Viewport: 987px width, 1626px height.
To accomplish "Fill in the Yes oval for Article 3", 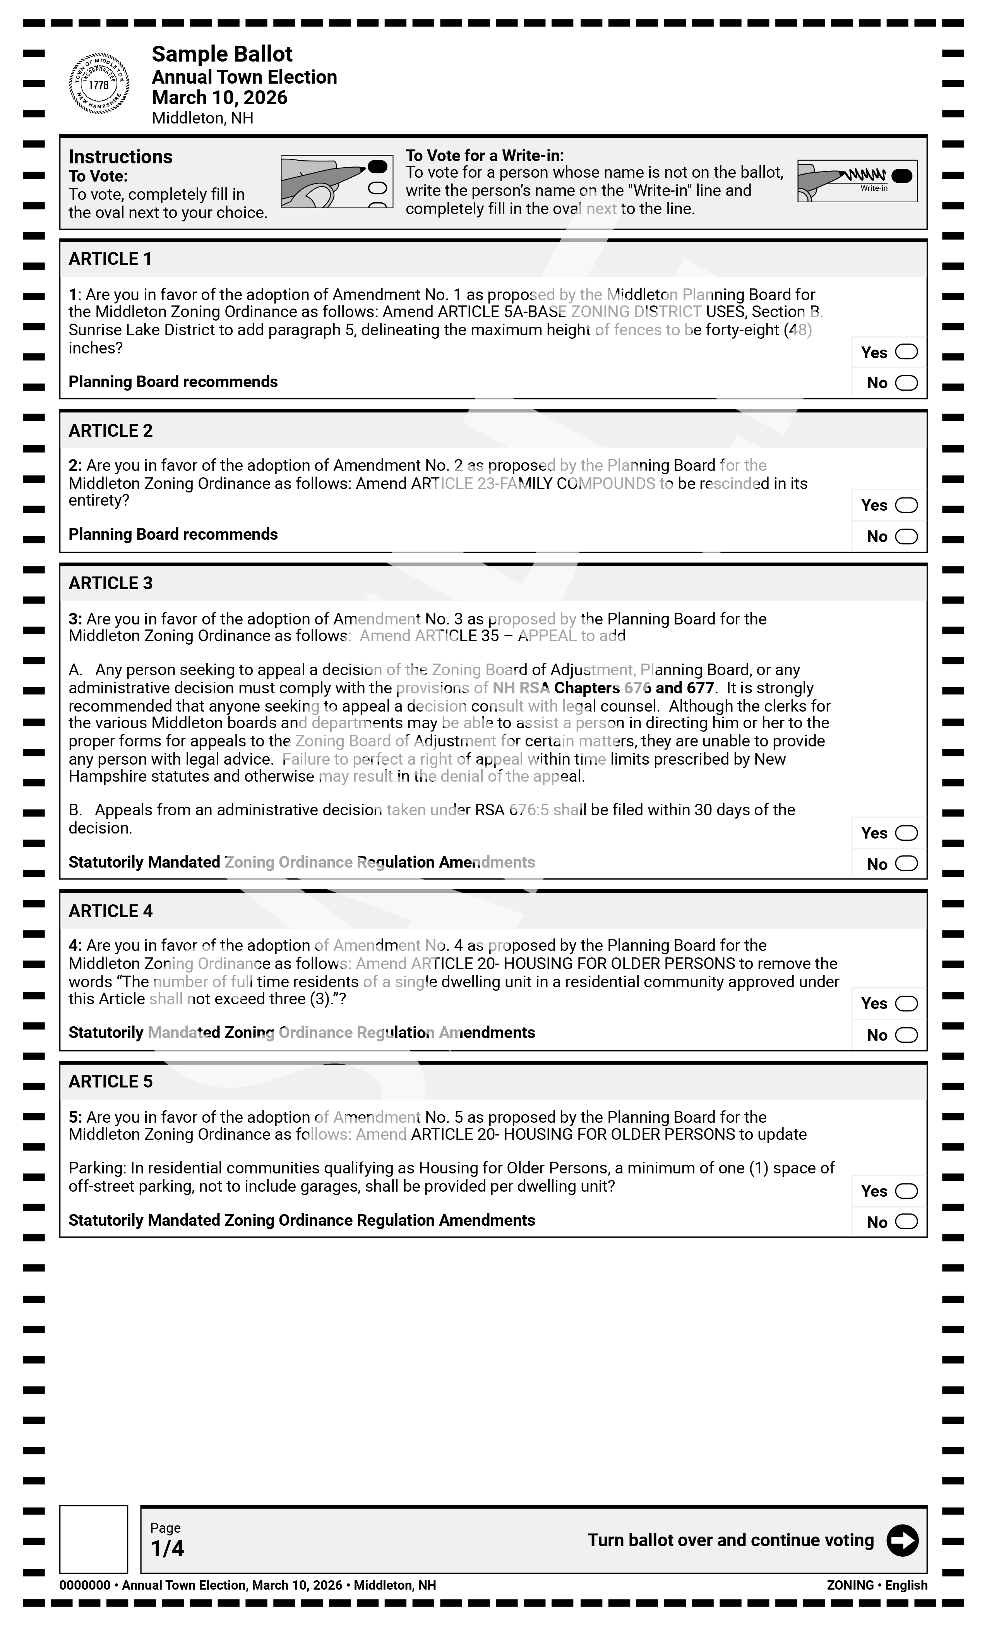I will coord(906,833).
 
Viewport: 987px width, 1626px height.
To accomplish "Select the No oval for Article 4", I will coord(906,1035).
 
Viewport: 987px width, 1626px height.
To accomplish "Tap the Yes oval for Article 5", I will coord(906,1191).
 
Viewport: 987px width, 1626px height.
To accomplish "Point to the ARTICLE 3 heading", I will coord(110,583).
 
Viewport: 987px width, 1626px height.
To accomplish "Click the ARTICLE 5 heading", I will coord(110,1082).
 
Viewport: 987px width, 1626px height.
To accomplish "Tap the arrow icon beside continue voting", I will coord(902,1540).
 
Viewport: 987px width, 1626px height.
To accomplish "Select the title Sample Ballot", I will coord(222,54).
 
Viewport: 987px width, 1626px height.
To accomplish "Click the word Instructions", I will coord(120,157).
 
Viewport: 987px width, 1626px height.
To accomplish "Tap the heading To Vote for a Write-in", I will coord(484,156).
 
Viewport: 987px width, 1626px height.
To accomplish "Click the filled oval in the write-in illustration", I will coord(901,175).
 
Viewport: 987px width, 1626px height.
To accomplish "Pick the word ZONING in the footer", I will coord(850,1585).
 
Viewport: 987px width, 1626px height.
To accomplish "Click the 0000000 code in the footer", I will coord(84,1585).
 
